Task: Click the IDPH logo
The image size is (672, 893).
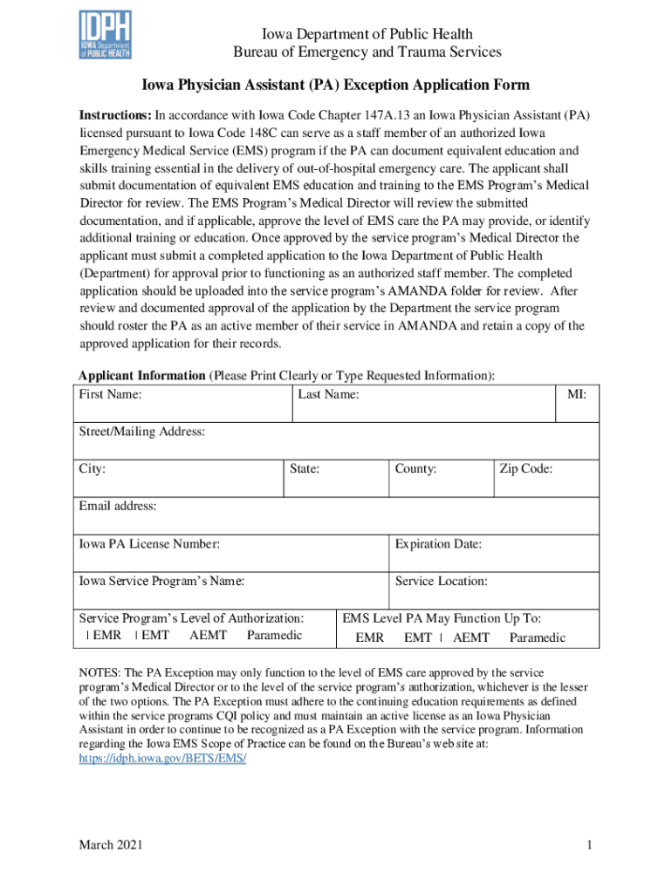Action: (105, 34)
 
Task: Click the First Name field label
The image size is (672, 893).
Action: (111, 394)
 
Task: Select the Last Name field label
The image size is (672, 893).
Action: (328, 394)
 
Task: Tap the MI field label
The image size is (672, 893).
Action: (577, 394)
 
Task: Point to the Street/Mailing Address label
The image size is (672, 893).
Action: (142, 432)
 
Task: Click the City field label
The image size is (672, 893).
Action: (93, 469)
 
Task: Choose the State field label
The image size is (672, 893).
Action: (305, 469)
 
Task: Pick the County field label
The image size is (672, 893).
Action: (415, 469)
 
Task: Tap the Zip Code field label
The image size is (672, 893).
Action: (525, 469)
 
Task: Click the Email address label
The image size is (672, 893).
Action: (118, 506)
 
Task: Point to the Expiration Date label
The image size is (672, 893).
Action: (438, 544)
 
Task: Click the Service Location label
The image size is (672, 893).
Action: (441, 582)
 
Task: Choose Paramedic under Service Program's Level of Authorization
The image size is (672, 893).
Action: (274, 635)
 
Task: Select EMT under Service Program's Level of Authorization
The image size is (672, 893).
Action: (154, 635)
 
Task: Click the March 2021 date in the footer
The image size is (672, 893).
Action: (111, 845)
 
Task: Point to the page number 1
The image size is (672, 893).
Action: (590, 845)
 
